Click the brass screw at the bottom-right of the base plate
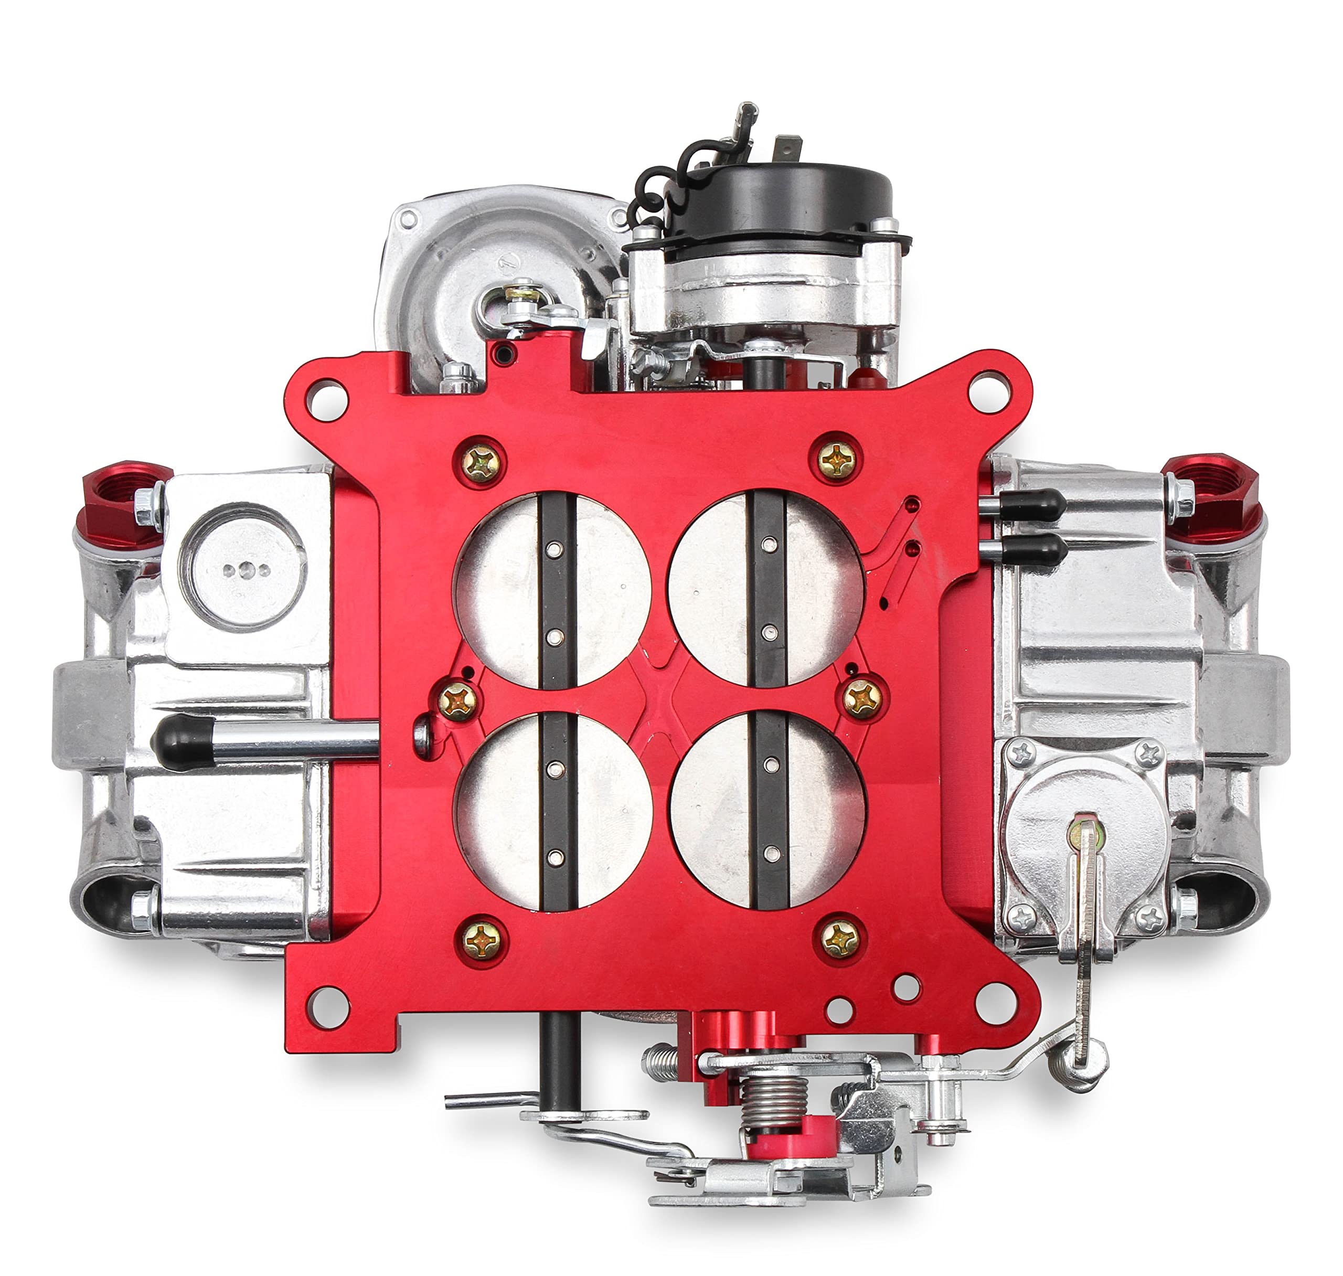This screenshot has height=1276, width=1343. click(x=839, y=941)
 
